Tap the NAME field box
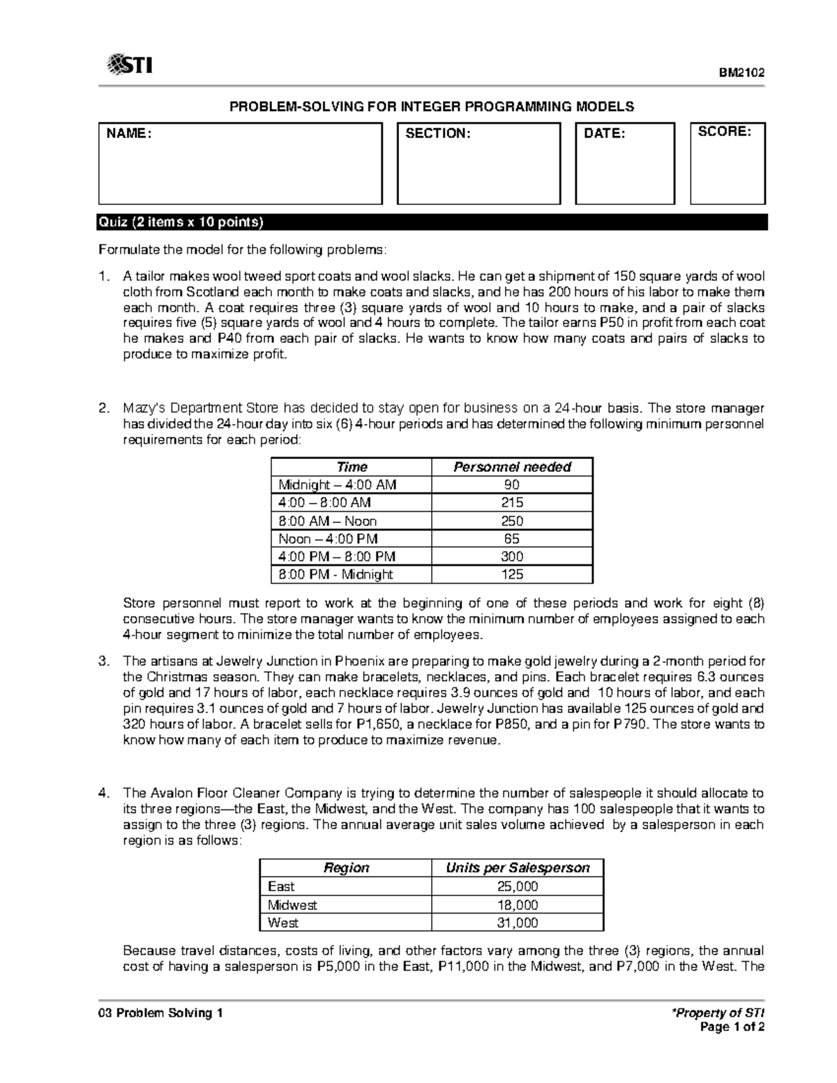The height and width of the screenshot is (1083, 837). point(240,164)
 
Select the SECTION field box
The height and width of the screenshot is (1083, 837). point(478,164)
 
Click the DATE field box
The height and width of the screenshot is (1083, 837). point(624,164)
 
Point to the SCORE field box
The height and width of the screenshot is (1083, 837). point(727,164)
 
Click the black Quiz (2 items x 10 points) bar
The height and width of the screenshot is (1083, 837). point(432,222)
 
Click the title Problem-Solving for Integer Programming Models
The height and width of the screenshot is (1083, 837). point(432,107)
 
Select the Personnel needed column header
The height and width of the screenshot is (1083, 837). point(512,467)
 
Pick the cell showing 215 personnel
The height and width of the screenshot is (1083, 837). point(512,503)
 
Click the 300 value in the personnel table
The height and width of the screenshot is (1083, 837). point(512,556)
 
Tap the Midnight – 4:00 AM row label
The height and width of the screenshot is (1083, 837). point(337,485)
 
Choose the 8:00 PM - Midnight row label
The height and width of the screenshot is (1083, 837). point(335,575)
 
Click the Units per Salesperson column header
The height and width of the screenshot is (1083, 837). point(518,868)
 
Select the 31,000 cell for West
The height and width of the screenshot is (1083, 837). point(518,923)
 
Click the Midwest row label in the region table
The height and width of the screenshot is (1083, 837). point(292,904)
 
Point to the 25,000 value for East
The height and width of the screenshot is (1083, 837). point(518,886)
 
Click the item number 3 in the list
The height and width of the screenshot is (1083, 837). point(103,660)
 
